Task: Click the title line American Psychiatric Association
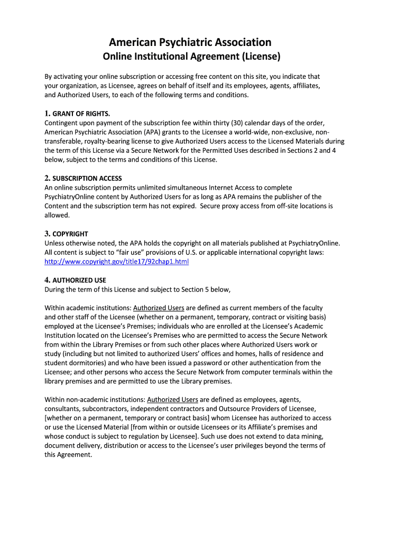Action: click(x=190, y=42)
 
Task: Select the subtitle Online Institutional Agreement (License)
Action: click(x=191, y=57)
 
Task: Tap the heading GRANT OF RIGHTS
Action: click(x=81, y=114)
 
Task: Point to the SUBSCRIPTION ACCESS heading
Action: click(x=87, y=179)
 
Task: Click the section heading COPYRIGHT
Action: click(x=70, y=234)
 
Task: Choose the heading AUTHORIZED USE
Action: click(x=79, y=280)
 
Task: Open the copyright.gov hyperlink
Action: click(x=116, y=262)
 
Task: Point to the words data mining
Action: click(x=304, y=436)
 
